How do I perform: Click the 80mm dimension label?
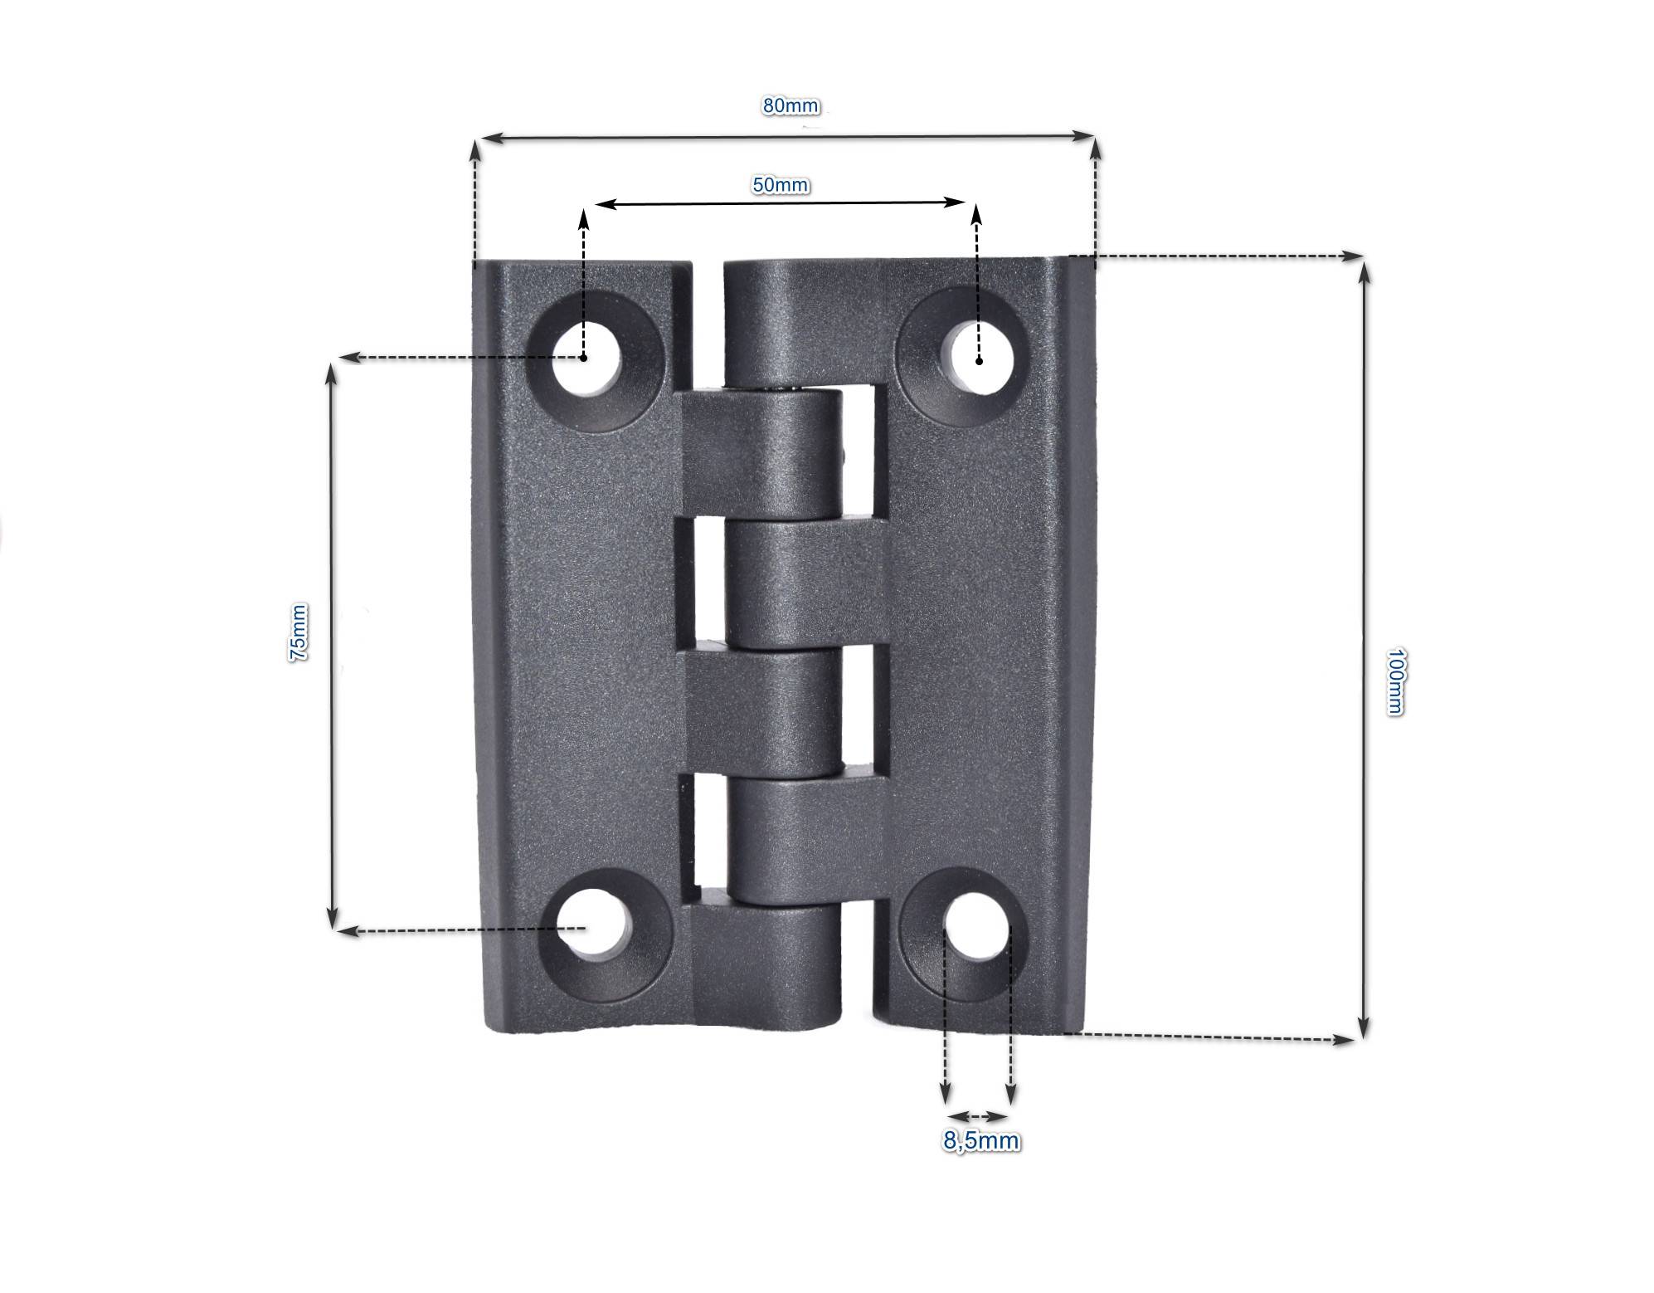[790, 106]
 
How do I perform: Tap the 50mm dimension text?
[780, 184]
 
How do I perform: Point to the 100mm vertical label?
[1394, 681]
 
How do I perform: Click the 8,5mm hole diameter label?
[980, 1141]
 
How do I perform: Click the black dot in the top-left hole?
[584, 358]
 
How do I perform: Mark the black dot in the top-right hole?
[979, 360]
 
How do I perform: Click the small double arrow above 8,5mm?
[977, 1116]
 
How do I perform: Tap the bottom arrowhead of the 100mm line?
[1364, 1029]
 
